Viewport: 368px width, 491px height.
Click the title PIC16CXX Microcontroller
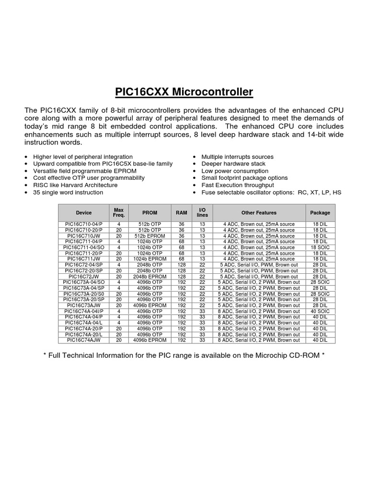coord(184,92)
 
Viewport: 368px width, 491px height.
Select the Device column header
coord(83,212)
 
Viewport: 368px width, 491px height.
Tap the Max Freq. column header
coord(118,212)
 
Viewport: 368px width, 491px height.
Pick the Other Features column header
coord(259,212)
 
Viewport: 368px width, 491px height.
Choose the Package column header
coord(320,212)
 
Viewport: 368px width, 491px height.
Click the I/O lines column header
coord(202,212)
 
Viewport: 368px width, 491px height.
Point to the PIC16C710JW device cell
coord(83,236)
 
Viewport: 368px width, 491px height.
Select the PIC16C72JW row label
coord(83,277)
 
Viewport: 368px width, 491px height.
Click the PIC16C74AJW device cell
coord(83,340)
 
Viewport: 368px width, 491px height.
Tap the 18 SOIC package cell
coord(320,247)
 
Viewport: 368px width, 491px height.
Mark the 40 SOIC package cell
coord(320,311)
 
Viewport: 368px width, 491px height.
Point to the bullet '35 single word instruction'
coord(68,192)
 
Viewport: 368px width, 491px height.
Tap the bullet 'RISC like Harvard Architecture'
coord(75,185)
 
